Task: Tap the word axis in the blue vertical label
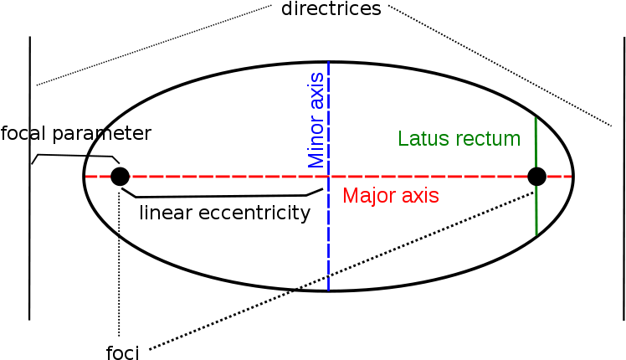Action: point(316,89)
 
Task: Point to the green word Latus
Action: point(422,139)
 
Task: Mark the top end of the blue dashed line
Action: point(328,62)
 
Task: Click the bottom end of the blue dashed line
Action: point(328,291)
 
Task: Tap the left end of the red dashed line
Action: point(86,177)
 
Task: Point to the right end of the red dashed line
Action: point(571,177)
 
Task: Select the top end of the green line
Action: point(536,118)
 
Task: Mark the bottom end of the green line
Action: point(536,234)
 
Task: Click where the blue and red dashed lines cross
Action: point(328,177)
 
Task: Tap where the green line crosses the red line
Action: point(536,177)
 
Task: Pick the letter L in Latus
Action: point(403,139)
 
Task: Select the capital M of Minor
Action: point(316,158)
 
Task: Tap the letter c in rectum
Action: point(483,140)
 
